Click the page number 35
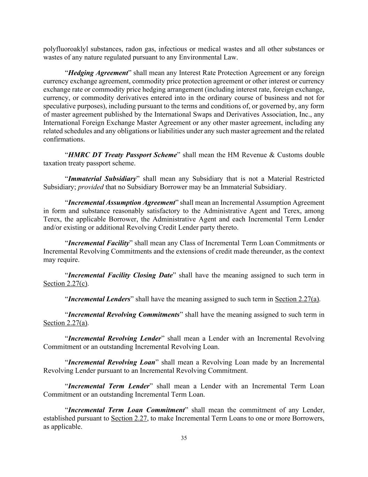tap(184, 438)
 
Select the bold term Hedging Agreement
tap(98, 73)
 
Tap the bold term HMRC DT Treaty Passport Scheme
tap(122, 155)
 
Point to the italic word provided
tap(91, 187)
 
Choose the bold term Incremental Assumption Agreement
tap(121, 203)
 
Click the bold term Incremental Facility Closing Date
tap(120, 275)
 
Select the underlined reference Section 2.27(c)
tap(66, 283)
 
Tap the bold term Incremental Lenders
tap(99, 299)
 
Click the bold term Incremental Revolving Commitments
tap(124, 315)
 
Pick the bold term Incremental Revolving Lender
tap(115, 339)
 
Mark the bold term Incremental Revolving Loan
tap(112, 362)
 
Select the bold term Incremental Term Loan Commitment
tap(126, 410)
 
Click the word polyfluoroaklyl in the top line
tap(65, 49)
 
